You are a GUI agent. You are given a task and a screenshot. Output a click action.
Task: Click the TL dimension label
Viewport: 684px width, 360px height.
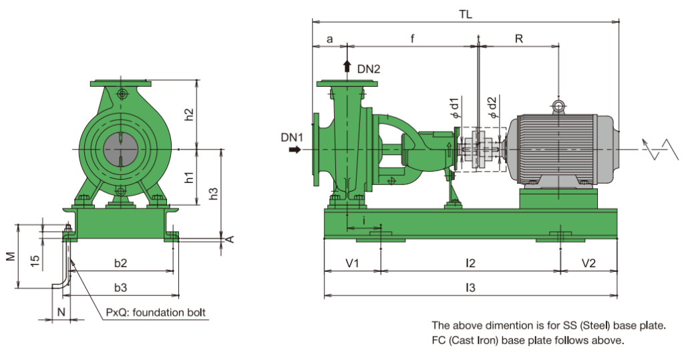click(466, 13)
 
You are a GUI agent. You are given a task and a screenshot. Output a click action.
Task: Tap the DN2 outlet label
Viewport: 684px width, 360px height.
click(369, 69)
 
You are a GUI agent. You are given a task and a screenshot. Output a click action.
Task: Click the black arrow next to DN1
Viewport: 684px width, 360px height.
click(295, 150)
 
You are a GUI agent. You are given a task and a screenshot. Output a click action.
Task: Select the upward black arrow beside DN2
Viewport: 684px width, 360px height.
click(347, 65)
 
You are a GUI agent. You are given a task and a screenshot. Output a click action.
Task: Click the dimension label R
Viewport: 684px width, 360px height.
click(518, 39)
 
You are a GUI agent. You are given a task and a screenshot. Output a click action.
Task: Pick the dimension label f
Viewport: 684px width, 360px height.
click(412, 39)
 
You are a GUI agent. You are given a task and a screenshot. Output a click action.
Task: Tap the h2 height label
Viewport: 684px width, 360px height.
click(190, 114)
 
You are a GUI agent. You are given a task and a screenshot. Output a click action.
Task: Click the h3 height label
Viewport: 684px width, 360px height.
click(214, 193)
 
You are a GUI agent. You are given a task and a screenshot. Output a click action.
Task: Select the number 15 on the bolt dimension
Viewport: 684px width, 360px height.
click(35, 260)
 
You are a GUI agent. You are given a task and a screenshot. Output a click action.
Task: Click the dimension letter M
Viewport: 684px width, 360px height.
click(10, 257)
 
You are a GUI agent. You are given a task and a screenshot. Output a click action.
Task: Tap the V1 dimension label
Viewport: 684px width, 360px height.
click(352, 263)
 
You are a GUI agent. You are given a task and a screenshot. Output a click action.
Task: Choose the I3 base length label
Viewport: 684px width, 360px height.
click(470, 288)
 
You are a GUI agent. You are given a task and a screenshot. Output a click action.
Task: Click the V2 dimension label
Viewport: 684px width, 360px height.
click(588, 263)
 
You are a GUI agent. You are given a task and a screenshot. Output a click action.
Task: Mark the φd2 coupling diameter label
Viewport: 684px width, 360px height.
click(492, 107)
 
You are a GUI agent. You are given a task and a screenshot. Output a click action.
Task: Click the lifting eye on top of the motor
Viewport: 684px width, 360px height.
click(558, 105)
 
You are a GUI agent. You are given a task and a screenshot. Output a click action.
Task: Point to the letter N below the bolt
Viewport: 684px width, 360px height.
click(61, 312)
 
